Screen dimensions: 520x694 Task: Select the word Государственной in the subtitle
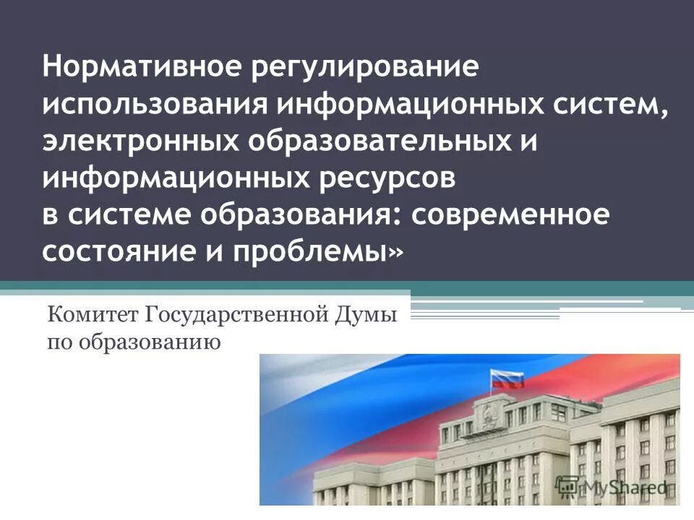coord(240,316)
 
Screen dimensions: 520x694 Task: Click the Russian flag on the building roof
coord(507,379)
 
